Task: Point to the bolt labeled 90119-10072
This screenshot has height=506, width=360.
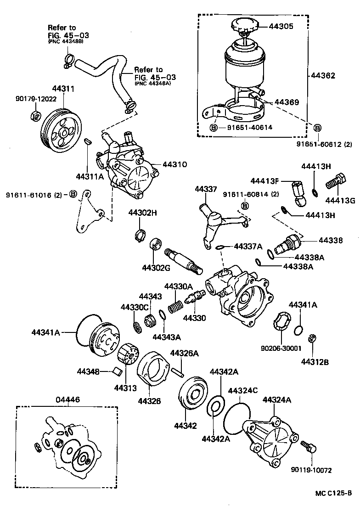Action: [307, 445]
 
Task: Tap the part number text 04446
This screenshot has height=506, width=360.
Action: [68, 399]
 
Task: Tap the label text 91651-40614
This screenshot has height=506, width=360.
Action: [249, 127]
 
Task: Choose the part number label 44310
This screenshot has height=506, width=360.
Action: [174, 164]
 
